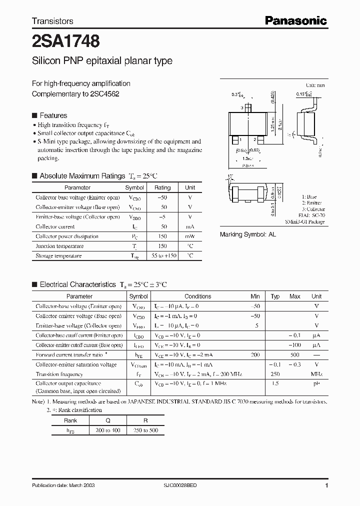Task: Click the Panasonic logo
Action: pyautogui.click(x=295, y=20)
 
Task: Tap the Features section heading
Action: pyautogui.click(x=53, y=115)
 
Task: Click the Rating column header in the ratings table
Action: pyautogui.click(x=162, y=187)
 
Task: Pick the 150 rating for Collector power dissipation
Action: pyautogui.click(x=162, y=236)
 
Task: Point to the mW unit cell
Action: pyautogui.click(x=190, y=236)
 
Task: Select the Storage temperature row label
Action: pyautogui.click(x=58, y=256)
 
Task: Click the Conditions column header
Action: pyautogui.click(x=198, y=296)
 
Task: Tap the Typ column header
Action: pyautogui.click(x=275, y=296)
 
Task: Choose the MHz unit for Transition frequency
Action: pyautogui.click(x=316, y=374)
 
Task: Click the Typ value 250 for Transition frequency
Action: pyautogui.click(x=275, y=374)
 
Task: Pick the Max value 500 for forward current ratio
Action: pyautogui.click(x=295, y=354)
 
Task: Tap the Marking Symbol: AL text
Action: pyautogui.click(x=248, y=234)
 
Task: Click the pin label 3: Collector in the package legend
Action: pyautogui.click(x=313, y=209)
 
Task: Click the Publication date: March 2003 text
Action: pyautogui.click(x=63, y=485)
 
